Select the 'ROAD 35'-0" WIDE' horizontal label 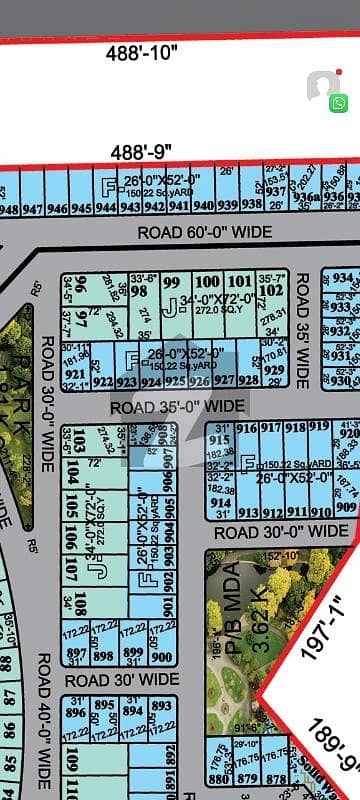point(177,406)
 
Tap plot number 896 point(73,713)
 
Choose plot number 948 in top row point(8,209)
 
